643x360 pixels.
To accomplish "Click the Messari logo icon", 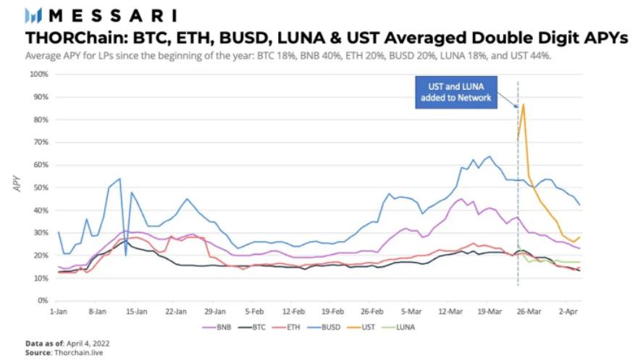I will tap(34, 14).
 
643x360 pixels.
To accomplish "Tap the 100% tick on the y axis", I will tap(38, 75).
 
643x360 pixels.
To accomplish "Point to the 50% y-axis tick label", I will tap(40, 188).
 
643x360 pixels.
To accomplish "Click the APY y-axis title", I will tap(16, 187).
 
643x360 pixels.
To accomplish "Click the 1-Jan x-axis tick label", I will tap(58, 309).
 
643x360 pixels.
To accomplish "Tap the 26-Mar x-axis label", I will tap(530, 309).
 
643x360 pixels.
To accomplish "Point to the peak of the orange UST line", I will tap(523, 105).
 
